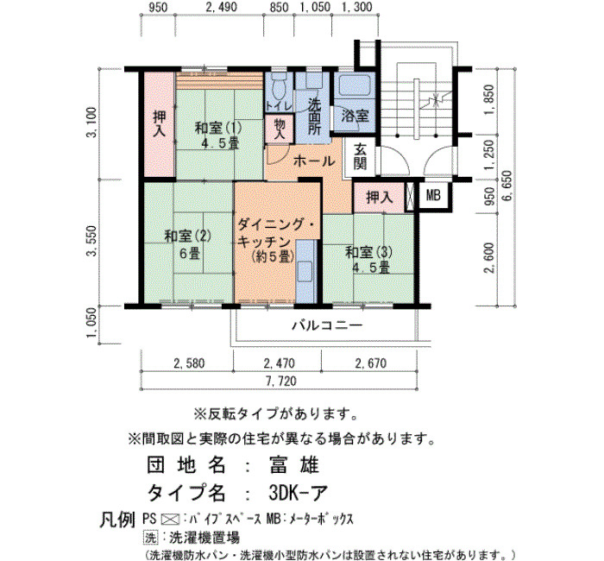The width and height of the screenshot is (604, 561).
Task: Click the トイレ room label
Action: (x=279, y=105)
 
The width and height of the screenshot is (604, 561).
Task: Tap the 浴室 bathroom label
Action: (x=355, y=116)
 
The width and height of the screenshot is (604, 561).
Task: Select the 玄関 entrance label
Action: (x=360, y=155)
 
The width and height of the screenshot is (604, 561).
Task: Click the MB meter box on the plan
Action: (x=433, y=196)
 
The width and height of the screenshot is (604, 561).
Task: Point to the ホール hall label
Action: (x=314, y=161)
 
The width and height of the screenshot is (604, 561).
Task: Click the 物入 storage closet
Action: (x=280, y=129)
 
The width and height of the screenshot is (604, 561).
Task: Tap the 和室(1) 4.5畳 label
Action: (x=218, y=135)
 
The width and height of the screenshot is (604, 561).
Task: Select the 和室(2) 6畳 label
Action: (x=188, y=244)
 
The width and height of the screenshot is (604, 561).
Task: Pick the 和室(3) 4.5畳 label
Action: (x=368, y=260)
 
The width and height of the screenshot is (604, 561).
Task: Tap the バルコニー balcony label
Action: (x=327, y=326)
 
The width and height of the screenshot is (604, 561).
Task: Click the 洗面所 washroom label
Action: (x=314, y=116)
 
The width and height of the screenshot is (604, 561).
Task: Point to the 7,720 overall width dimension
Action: (x=281, y=381)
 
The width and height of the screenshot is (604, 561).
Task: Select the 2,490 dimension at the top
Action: (x=222, y=7)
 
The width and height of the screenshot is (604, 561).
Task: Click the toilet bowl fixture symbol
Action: (x=279, y=87)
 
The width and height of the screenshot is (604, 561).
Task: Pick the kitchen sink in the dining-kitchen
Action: (x=305, y=270)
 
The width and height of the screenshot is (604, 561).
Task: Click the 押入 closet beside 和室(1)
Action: (x=160, y=124)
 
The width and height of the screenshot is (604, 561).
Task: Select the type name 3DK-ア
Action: (x=299, y=493)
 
